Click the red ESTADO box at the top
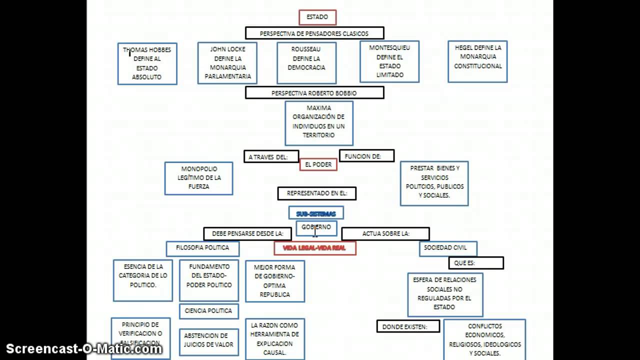(317, 17)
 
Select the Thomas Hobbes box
(147, 63)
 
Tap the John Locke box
(227, 63)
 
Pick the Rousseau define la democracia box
(306, 63)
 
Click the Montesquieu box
(389, 61)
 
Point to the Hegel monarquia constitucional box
(477, 61)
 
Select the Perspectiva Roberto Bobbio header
(314, 93)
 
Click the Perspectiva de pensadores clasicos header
(314, 33)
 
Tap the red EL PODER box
(318, 165)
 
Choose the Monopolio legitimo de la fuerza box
(198, 178)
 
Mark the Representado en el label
(317, 193)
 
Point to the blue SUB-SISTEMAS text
(316, 213)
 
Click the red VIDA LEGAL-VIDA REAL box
(315, 248)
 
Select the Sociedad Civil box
(448, 248)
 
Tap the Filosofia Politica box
(202, 248)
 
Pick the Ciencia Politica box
(208, 311)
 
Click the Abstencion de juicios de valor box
(208, 340)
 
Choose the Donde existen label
(408, 326)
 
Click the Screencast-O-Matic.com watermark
(84, 348)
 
